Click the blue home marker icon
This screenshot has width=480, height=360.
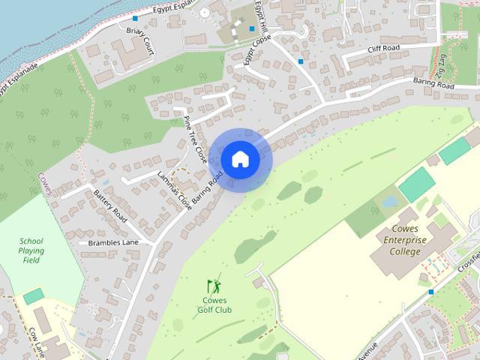tap(240, 159)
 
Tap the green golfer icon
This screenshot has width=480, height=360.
tap(214, 286)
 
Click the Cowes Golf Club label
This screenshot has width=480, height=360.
tap(214, 304)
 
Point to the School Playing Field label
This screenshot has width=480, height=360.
tap(31, 250)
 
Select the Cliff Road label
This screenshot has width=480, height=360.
tap(383, 49)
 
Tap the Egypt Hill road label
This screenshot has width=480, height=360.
tap(261, 16)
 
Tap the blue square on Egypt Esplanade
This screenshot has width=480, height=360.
tap(135, 18)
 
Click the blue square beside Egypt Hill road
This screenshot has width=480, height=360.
tap(301, 61)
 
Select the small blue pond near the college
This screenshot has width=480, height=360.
tap(388, 201)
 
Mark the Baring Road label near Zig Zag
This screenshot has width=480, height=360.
tap(434, 85)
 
